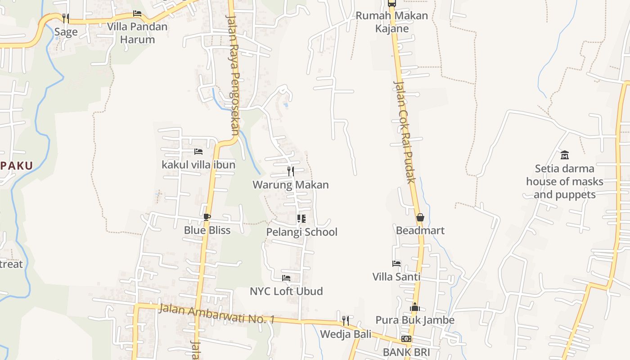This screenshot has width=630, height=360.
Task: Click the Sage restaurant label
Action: pos(66,32)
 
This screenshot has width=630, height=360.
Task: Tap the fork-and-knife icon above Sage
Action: pos(66,18)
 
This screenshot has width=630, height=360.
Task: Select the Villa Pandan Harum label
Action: pos(137,33)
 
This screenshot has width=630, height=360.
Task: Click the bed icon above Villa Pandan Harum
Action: pos(137,13)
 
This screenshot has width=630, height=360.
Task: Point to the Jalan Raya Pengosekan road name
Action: pos(233,75)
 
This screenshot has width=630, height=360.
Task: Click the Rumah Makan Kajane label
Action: pos(392,22)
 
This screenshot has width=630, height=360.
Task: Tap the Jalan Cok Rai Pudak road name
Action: pos(404,132)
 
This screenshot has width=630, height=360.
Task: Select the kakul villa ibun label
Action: pos(198,165)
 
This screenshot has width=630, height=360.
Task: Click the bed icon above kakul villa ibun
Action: pos(198,152)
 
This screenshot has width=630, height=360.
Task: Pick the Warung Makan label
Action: pos(291,184)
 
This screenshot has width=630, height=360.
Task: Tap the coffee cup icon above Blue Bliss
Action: pos(207,217)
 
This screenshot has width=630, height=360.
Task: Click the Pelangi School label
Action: pos(301,232)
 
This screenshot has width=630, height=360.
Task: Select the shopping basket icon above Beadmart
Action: pos(420,218)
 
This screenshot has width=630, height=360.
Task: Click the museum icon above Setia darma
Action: pos(565,155)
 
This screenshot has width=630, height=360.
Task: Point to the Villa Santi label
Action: pos(396,276)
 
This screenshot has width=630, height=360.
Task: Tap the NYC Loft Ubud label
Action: pos(286,291)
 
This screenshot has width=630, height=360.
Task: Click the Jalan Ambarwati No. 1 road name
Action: pos(217,314)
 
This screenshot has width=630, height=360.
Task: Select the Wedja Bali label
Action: pos(346,334)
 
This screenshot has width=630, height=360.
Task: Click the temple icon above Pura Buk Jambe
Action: pos(415,307)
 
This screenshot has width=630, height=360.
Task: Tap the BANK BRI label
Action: pos(406,352)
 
